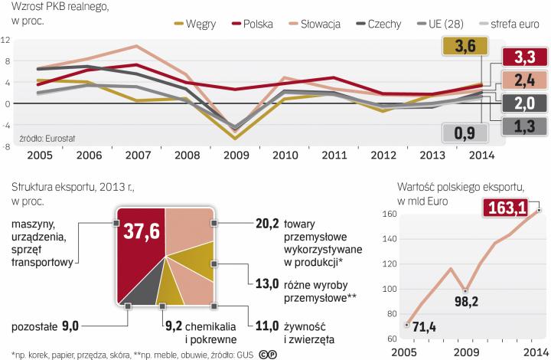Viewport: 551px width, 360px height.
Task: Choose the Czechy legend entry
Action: (x=383, y=24)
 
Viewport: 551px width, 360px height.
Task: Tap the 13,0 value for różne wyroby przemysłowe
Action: (x=267, y=283)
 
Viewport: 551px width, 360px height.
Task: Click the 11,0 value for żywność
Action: (x=267, y=326)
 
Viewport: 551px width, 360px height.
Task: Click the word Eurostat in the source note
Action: (x=48, y=139)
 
